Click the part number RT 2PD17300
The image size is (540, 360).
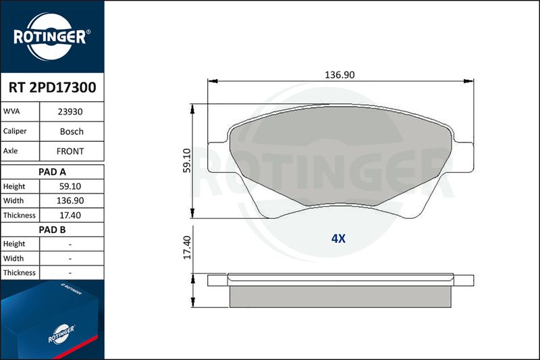52,88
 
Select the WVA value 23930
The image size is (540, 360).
70,111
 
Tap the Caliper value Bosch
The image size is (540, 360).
72,131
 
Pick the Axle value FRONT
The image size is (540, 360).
70,151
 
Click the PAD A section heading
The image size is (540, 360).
52,172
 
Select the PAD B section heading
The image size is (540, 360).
52,230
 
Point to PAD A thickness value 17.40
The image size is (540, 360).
70,215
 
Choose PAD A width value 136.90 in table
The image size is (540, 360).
70,201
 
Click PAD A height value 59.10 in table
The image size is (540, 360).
70,186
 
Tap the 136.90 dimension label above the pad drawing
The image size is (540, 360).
340,75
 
